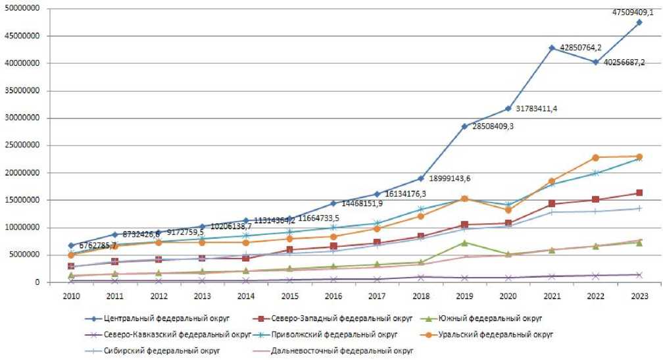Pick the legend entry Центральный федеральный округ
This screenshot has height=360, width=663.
point(157,317)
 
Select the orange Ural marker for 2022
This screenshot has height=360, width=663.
point(596,157)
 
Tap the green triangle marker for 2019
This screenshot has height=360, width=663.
point(464,243)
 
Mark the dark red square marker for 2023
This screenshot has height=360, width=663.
point(639,193)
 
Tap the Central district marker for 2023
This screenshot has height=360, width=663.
point(639,22)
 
